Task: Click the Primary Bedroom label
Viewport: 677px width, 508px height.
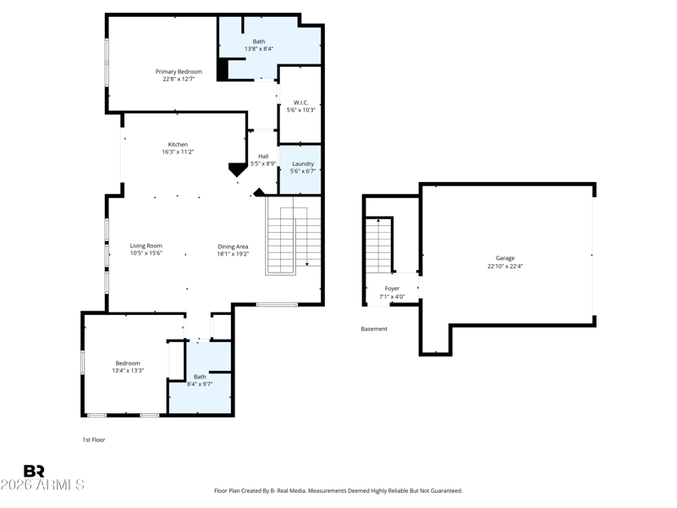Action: (179, 72)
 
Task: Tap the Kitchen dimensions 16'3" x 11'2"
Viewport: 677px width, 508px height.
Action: (178, 152)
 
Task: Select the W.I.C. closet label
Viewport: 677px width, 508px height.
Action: (301, 102)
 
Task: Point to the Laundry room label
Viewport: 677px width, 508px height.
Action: (303, 163)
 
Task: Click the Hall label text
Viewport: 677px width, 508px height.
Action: (263, 157)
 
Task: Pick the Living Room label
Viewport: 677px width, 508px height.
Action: (146, 246)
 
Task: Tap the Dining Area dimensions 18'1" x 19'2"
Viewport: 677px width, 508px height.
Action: (234, 254)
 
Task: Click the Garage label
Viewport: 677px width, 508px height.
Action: (505, 258)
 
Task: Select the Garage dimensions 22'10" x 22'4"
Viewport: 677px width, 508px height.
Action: (505, 267)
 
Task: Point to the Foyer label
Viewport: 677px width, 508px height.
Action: (392, 289)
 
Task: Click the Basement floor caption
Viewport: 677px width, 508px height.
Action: (374, 329)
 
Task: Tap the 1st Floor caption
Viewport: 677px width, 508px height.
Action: (94, 439)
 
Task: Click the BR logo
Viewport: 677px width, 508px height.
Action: (34, 471)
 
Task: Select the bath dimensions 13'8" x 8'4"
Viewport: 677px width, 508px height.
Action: (259, 49)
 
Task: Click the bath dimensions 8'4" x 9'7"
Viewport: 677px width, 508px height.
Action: (200, 384)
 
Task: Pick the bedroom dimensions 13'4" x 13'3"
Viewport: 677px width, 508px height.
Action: (128, 371)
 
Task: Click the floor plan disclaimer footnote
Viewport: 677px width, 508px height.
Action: (338, 491)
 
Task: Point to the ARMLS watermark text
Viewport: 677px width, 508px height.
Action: (42, 484)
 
